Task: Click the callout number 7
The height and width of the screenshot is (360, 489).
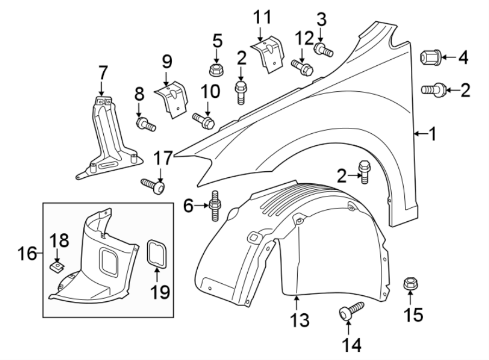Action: (103, 72)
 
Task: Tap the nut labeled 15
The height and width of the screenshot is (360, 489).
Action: (410, 284)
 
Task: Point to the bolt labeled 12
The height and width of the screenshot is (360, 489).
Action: (302, 67)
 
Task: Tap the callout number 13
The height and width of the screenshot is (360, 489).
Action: (299, 320)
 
